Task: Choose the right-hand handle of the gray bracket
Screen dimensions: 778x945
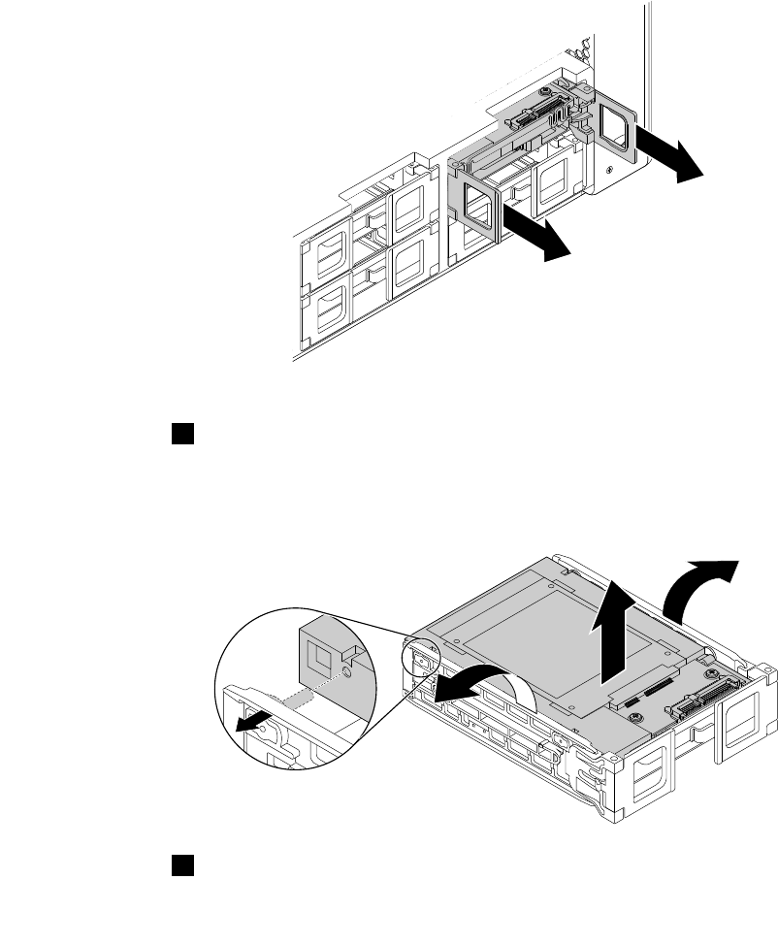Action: (615, 123)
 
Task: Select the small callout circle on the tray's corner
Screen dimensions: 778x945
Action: (422, 661)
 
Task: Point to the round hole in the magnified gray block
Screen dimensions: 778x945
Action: (347, 669)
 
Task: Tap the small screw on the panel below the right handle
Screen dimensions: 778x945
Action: (608, 170)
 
